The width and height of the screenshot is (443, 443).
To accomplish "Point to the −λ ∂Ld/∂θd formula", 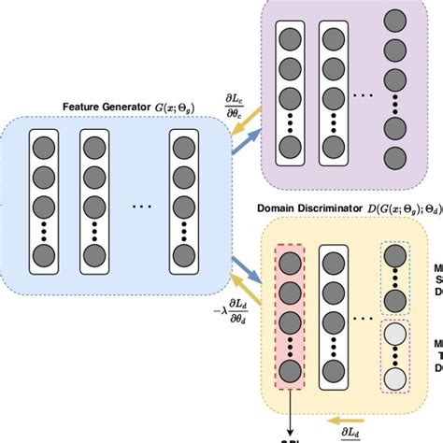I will (x=230, y=308).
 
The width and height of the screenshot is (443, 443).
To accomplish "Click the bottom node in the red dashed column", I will (x=290, y=372).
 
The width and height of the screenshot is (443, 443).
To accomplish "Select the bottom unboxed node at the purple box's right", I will (x=396, y=157).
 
